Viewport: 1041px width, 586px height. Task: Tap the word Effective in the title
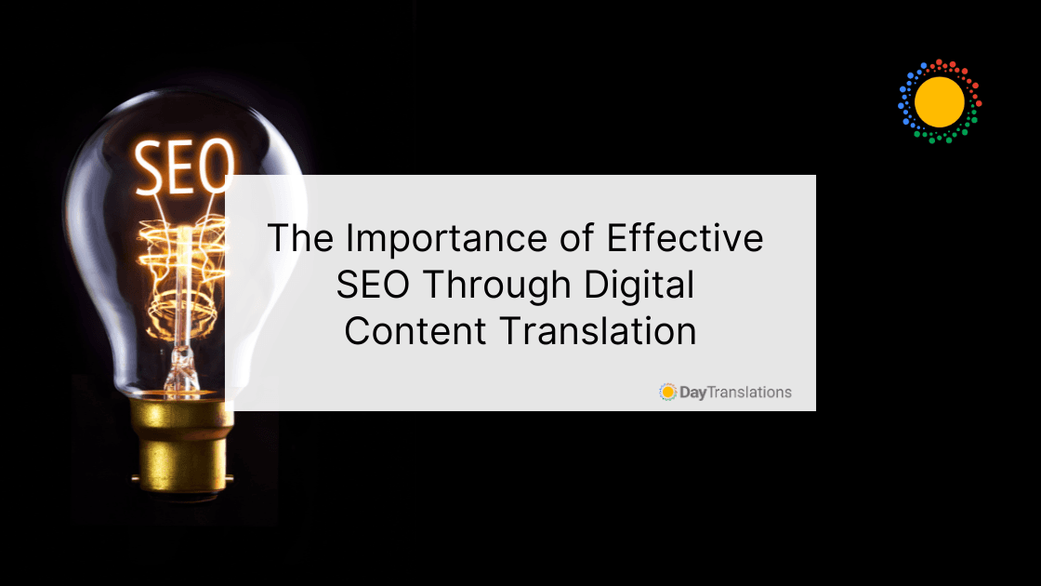[x=686, y=239]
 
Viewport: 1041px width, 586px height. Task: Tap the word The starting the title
[x=300, y=239]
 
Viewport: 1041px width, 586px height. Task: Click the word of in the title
[x=568, y=239]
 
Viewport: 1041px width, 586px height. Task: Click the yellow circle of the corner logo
[x=940, y=101]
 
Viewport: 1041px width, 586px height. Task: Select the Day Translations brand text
[x=735, y=393]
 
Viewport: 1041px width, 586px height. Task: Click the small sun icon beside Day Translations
[x=667, y=393]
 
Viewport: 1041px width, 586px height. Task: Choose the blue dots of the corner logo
[x=905, y=98]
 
